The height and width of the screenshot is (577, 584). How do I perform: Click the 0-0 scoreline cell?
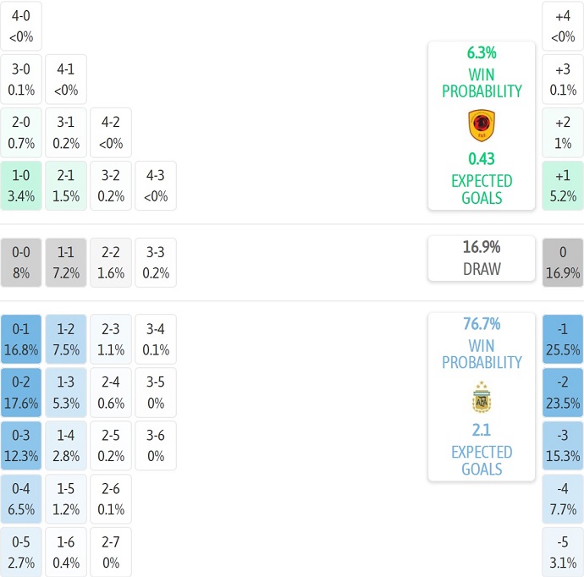tap(21, 262)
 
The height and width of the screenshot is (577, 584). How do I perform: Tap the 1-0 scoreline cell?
tap(21, 185)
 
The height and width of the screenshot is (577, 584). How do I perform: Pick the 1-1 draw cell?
tap(66, 262)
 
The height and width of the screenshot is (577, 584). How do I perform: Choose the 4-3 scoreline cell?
tap(156, 185)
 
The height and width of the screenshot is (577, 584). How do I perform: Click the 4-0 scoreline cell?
tap(21, 25)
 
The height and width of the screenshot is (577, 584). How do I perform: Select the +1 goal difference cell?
tap(563, 185)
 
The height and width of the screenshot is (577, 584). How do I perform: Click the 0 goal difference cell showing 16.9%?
tap(563, 262)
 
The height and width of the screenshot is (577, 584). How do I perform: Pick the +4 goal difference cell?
tap(563, 25)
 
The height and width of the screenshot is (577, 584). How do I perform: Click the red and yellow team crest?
tap(482, 125)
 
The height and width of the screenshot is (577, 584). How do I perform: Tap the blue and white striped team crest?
tap(482, 397)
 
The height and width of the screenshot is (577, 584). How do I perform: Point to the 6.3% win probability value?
tap(482, 52)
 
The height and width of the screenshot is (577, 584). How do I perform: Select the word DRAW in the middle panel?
tap(482, 269)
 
